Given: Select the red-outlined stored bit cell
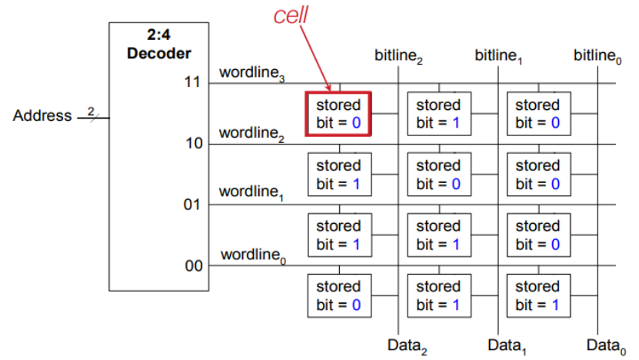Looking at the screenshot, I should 339,114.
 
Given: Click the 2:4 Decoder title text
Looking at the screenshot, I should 158,45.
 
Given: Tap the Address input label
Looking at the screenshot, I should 42,116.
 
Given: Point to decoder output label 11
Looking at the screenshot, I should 192,82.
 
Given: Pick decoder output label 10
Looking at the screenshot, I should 192,143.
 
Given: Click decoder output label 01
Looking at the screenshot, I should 192,205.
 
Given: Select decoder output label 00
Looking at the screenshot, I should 192,266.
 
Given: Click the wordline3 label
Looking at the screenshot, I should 251,73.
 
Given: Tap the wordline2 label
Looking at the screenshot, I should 251,133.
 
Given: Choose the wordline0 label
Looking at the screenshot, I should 253,255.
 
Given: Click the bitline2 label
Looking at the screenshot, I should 399,56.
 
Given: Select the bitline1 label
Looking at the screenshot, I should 499,56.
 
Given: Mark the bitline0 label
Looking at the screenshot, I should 597,56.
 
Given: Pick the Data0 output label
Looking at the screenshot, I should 605,345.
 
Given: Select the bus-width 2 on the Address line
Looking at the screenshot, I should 90,112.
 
